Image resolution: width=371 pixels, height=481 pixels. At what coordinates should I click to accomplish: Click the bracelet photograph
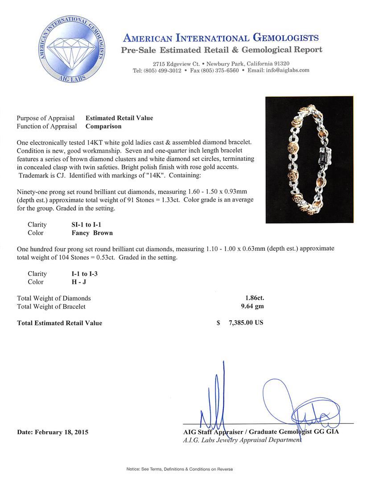309,159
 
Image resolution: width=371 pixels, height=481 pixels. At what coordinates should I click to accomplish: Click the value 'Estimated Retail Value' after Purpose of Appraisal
119,118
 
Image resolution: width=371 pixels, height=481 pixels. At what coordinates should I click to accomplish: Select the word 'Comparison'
103,126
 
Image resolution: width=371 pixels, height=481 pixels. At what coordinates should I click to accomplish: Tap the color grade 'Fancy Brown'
89,233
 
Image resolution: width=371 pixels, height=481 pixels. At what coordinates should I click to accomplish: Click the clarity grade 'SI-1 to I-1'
84,225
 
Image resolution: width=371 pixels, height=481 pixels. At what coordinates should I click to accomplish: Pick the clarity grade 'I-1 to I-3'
81,274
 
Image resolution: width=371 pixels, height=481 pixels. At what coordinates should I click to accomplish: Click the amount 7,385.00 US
246,323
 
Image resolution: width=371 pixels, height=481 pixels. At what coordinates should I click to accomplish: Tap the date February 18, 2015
53,432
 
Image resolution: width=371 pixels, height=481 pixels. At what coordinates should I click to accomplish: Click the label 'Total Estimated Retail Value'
59,323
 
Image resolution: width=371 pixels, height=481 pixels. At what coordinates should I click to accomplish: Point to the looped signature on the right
297,405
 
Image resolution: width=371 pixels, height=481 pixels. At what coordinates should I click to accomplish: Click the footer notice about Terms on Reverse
180,469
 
